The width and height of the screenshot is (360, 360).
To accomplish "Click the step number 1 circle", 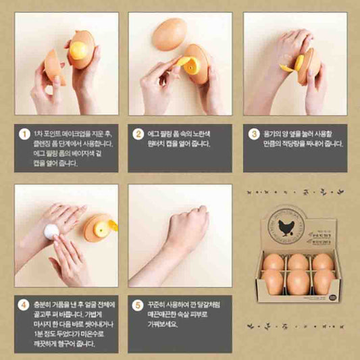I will coord(24,133).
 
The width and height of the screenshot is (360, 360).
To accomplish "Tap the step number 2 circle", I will coord(138,133).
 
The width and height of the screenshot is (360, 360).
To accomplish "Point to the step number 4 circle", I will coord(24,306).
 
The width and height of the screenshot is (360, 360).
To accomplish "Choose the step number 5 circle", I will coord(138,306).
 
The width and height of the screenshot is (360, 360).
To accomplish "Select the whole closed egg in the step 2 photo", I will coord(169,34).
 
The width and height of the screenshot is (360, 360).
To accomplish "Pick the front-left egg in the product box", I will coord(274,281).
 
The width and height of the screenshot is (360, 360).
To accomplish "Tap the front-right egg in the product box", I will coord(322,281).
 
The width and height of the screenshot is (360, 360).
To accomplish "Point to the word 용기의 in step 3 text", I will coord(275,133).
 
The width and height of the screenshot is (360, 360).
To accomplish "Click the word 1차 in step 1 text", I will coord(41,133).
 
